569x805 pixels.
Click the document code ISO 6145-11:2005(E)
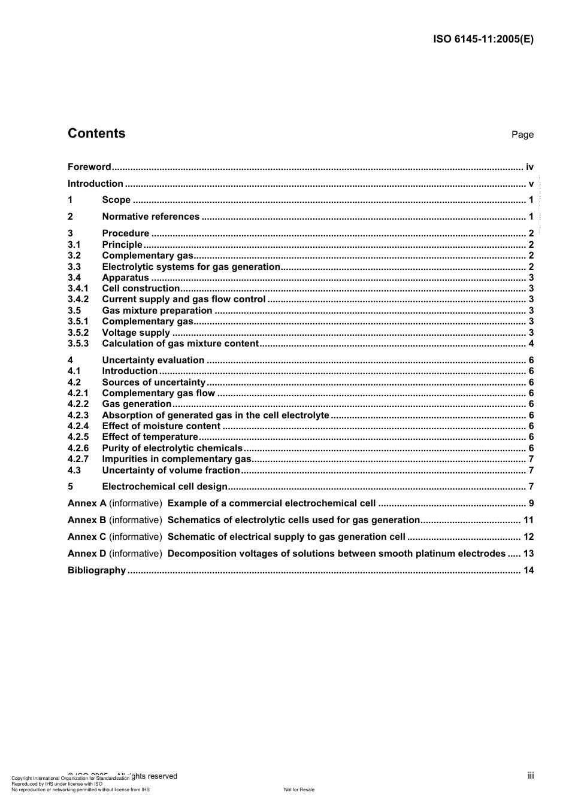point(483,40)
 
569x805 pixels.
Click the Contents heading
point(96,133)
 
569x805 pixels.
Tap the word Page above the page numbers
point(522,135)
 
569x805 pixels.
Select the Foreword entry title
point(89,167)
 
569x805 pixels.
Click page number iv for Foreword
point(529,167)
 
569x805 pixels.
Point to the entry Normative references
point(150,217)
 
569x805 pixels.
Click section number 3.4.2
point(78,299)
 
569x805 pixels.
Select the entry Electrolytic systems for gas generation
point(191,267)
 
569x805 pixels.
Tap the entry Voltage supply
point(136,333)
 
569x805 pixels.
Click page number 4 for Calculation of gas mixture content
point(531,344)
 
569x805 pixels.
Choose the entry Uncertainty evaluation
point(153,360)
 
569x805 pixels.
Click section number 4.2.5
point(78,437)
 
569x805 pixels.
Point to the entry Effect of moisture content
point(161,426)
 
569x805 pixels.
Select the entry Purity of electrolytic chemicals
point(172,448)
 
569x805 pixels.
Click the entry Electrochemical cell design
point(165,487)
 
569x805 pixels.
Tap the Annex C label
point(87,537)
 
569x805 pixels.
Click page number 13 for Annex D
point(528,554)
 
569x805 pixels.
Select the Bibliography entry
point(96,570)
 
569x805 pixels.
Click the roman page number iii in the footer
point(531,776)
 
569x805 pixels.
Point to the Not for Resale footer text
point(299,789)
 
